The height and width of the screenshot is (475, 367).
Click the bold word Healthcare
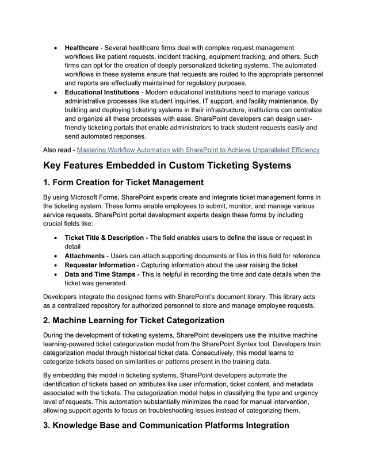(x=81, y=47)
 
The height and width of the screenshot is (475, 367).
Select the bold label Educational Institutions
(x=102, y=92)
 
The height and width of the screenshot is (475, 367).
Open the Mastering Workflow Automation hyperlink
(x=198, y=150)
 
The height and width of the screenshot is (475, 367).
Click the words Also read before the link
(x=58, y=150)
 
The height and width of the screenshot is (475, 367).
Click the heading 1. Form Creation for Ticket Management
(x=124, y=183)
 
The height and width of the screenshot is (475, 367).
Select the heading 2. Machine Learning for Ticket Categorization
(x=134, y=320)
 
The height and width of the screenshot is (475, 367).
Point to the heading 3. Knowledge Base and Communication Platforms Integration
(x=166, y=426)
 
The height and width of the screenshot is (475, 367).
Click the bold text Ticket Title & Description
(x=104, y=237)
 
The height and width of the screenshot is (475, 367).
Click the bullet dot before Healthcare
(x=55, y=47)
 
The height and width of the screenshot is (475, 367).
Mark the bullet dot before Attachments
(x=55, y=256)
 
